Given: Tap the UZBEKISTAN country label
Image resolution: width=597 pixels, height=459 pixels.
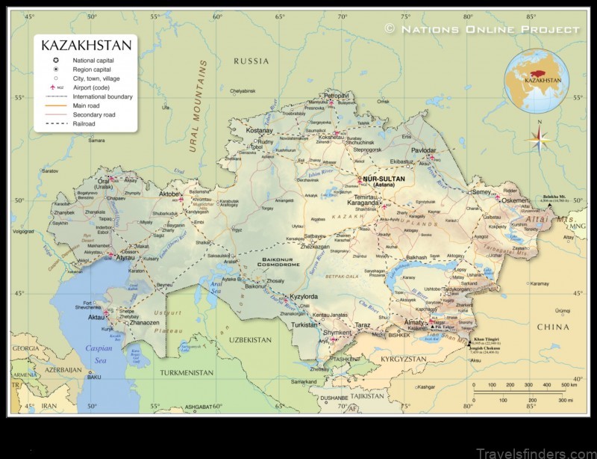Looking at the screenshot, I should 250,339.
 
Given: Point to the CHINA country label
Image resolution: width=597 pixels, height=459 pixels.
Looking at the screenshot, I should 553,327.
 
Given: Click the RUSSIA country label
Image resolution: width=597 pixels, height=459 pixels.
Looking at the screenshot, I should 251,61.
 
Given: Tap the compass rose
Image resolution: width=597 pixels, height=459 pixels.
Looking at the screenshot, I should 538,138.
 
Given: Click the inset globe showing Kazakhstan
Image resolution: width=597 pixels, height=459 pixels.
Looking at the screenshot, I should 536,81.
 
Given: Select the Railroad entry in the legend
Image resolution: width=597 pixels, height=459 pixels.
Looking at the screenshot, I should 84,124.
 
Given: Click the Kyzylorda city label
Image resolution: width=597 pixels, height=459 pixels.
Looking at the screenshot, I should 303,297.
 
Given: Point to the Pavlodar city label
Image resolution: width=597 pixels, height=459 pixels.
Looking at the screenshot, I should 422,150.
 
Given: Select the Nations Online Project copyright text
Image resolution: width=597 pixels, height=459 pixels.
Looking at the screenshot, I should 482,28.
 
